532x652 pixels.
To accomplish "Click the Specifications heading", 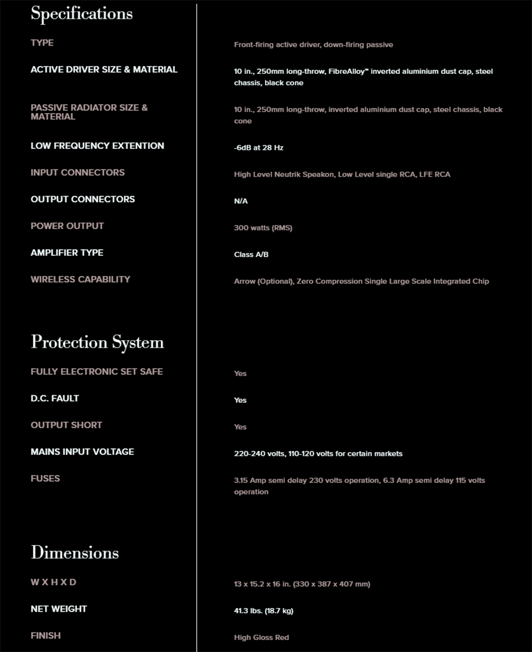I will pyautogui.click(x=81, y=14).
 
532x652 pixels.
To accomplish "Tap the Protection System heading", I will pyautogui.click(x=97, y=342).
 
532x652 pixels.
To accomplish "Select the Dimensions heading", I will pyautogui.click(x=74, y=553).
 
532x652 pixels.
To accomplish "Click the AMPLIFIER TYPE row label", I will pyautogui.click(x=67, y=253).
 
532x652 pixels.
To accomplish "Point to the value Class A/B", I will pyautogui.click(x=251, y=255).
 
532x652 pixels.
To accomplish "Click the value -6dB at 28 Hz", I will pyautogui.click(x=258, y=148).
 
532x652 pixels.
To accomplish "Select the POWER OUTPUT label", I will pyautogui.click(x=67, y=226).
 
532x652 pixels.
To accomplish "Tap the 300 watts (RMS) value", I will pyautogui.click(x=263, y=228).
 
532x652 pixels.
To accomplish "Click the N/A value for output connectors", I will pyautogui.click(x=240, y=202).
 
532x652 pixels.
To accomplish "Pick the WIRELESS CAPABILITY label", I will pyautogui.click(x=80, y=279).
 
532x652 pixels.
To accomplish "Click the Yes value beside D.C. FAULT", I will pyautogui.click(x=240, y=400).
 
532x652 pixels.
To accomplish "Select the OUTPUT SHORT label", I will pyautogui.click(x=66, y=425).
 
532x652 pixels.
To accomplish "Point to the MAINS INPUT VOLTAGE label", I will pyautogui.click(x=82, y=452).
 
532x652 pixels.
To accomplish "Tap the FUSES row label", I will pyautogui.click(x=45, y=478).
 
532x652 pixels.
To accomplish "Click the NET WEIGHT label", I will pyautogui.click(x=59, y=609).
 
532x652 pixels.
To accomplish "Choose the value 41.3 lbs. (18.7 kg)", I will pyautogui.click(x=263, y=611).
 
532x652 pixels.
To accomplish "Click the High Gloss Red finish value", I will pyautogui.click(x=261, y=638).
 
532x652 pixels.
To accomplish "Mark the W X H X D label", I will pyautogui.click(x=53, y=582).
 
